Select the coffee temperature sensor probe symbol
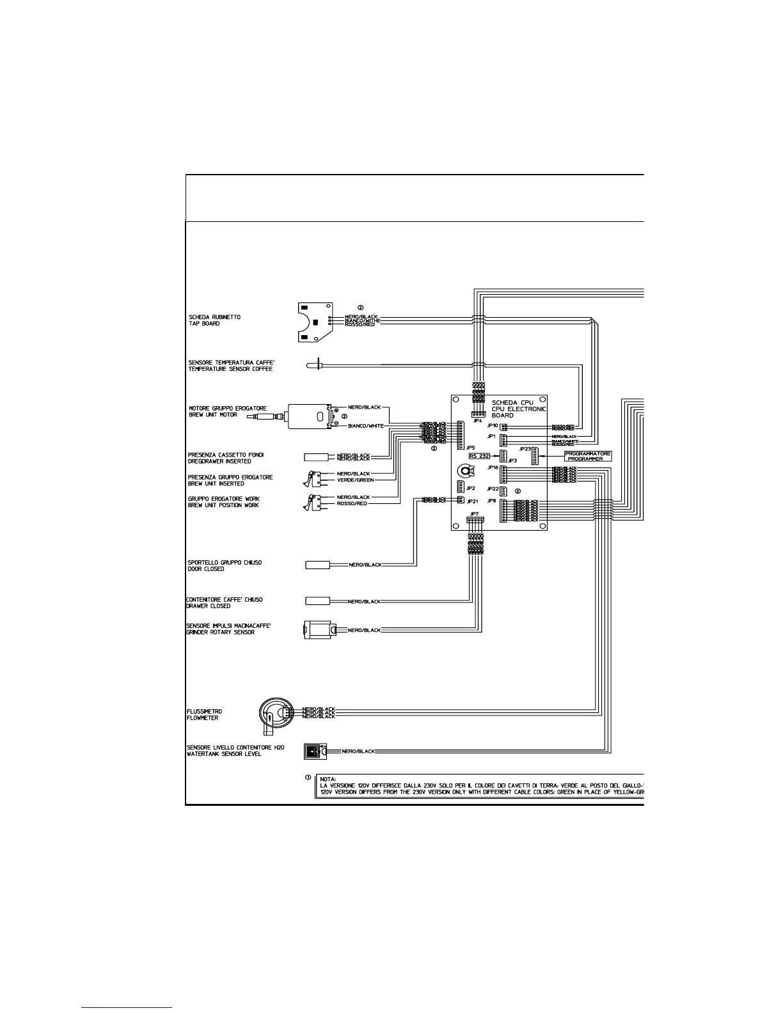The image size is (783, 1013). (313, 366)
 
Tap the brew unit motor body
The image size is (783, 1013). (309, 417)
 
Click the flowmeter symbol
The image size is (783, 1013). (276, 712)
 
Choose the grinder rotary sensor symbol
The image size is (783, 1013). (317, 630)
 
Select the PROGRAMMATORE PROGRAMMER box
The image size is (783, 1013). (588, 455)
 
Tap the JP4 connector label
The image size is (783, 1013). (477, 421)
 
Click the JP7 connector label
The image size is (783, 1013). (474, 514)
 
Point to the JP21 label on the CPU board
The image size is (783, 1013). (472, 501)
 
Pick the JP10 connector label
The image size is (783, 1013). (492, 425)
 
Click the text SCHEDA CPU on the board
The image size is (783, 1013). (512, 402)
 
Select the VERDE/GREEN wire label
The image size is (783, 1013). (355, 480)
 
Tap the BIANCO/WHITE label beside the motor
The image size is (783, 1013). (365, 426)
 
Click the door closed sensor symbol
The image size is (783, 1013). (317, 565)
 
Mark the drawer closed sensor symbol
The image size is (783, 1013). (317, 601)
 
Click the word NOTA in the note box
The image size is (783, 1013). (328, 778)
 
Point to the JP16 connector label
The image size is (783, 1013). (493, 467)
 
